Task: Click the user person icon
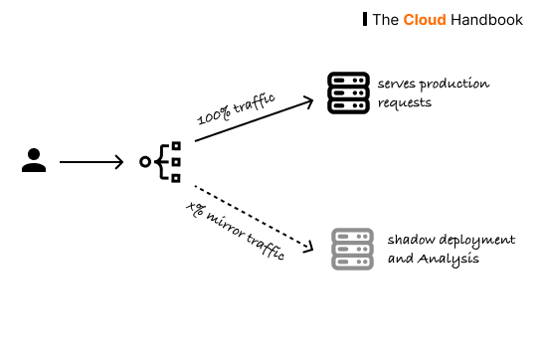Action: (34, 160)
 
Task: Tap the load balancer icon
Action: (162, 161)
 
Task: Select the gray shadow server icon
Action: (351, 249)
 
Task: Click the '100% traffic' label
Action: (235, 106)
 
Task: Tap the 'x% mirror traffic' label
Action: (236, 232)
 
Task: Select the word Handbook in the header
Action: (486, 19)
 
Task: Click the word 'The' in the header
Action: (386, 19)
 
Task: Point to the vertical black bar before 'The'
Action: (365, 19)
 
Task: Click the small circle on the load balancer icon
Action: (145, 161)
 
